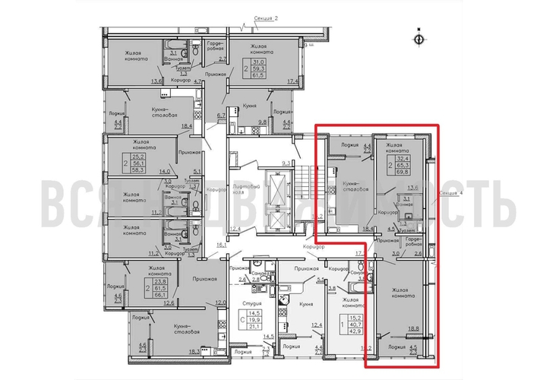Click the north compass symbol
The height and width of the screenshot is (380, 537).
coord(418,36)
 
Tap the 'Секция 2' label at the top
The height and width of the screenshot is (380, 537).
coord(266,17)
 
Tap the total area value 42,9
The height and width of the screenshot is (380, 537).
coord(355,330)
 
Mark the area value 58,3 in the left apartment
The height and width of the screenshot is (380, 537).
coord(141,174)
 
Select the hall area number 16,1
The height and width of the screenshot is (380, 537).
coord(222,245)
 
